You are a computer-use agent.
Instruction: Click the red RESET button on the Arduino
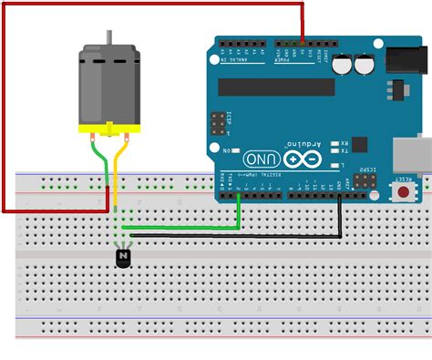click(403, 192)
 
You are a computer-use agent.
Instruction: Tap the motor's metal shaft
click(109, 38)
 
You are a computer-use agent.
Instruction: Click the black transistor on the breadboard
click(123, 259)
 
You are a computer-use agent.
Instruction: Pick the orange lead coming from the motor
click(118, 169)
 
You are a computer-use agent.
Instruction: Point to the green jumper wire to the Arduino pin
click(182, 227)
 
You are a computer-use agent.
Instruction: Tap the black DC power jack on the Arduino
click(406, 60)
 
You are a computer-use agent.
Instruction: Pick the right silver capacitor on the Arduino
click(365, 65)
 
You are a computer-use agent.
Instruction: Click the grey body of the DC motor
click(108, 87)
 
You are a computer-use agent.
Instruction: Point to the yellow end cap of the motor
click(109, 129)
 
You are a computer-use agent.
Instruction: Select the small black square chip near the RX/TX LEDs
click(360, 144)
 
